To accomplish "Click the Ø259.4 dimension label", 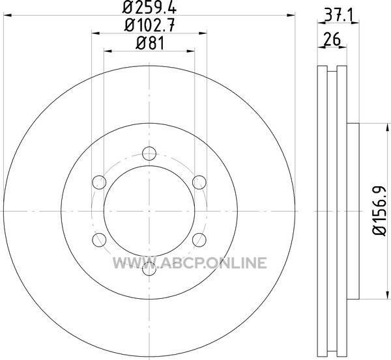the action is (x=149, y=7).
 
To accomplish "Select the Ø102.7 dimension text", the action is (x=149, y=25).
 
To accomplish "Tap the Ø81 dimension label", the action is (x=150, y=43).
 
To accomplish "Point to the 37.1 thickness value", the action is (x=339, y=16).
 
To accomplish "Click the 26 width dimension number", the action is (x=332, y=39).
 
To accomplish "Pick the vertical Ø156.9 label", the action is (x=380, y=211).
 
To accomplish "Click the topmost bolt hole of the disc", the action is (x=149, y=154).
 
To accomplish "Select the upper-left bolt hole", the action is (x=99, y=182).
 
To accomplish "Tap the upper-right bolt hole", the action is (x=199, y=182).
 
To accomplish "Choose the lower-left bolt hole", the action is (x=99, y=240).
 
